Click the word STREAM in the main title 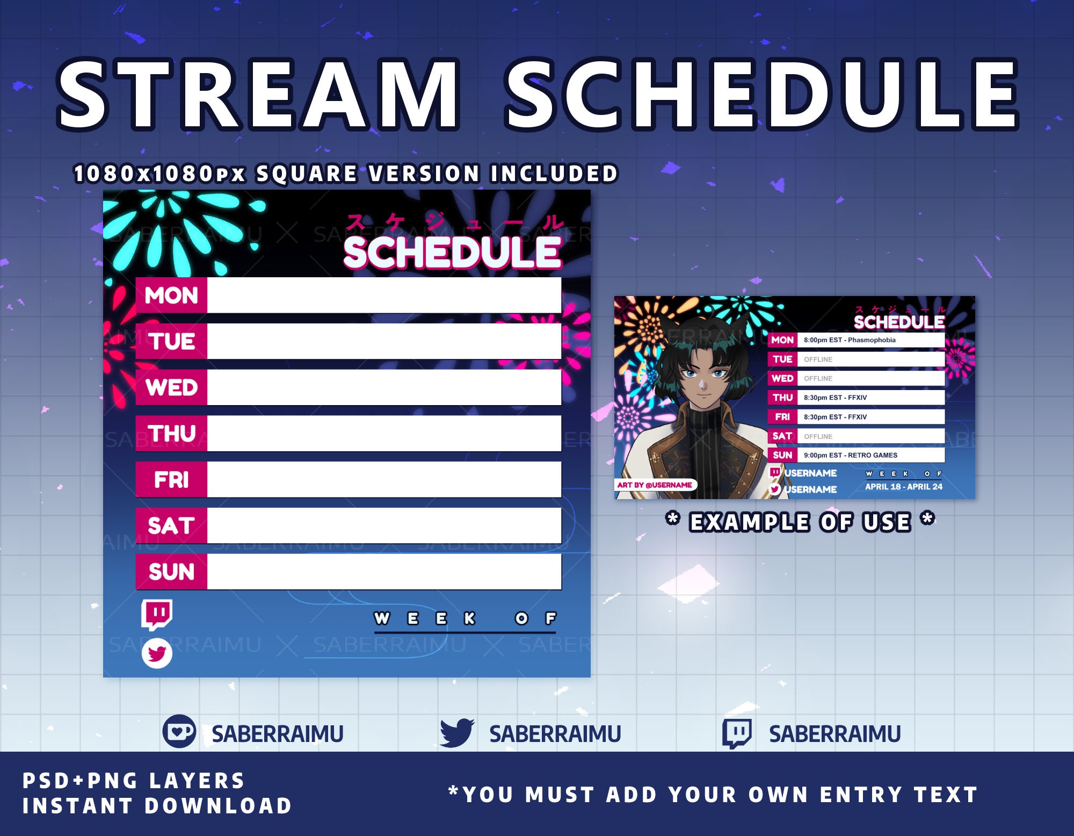(x=258, y=96)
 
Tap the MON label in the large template (x=171, y=296)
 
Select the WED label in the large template (x=171, y=387)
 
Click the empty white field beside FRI (x=384, y=479)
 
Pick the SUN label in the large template (x=171, y=572)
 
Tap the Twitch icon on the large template (x=157, y=614)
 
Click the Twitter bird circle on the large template (x=157, y=653)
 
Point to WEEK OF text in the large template (x=465, y=619)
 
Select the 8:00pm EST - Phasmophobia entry (x=850, y=340)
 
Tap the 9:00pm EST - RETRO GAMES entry (x=850, y=455)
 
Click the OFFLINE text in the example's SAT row (x=818, y=436)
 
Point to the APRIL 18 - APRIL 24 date (x=904, y=487)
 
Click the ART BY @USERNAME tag (x=655, y=485)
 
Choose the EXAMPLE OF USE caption (x=800, y=522)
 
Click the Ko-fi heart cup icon (x=179, y=732)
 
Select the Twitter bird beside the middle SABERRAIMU (x=456, y=733)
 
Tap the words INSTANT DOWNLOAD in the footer (x=157, y=806)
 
